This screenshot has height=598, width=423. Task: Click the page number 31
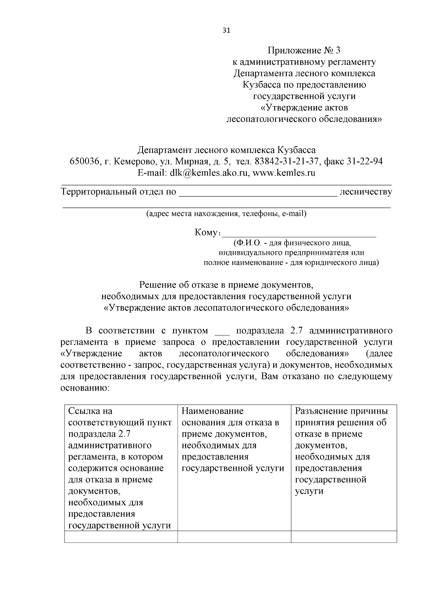(226, 30)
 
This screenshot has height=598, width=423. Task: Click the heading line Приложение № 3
(304, 50)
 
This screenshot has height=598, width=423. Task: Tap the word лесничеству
(365, 192)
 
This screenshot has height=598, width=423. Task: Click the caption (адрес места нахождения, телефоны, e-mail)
(226, 214)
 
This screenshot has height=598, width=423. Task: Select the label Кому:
(208, 233)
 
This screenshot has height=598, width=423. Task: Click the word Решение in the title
(158, 284)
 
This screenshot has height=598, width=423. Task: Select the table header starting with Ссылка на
(121, 468)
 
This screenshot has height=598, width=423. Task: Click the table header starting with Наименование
(234, 440)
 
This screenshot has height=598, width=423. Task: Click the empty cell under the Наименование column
(234, 537)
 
